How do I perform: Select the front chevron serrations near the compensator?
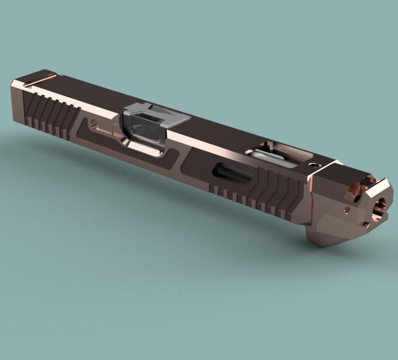point(279,192)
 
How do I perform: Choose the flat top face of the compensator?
point(343,172)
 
